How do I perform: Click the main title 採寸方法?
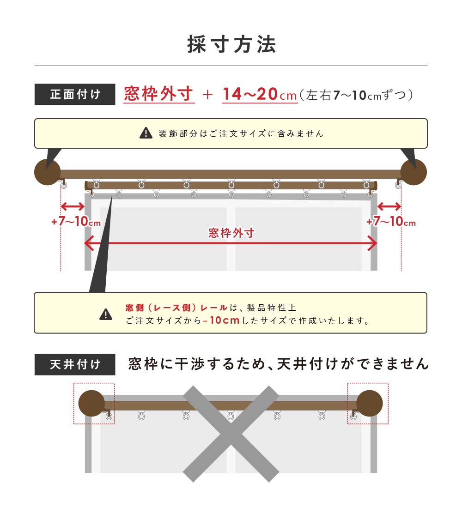(231, 44)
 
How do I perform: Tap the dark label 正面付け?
(75, 95)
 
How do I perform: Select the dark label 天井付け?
(75, 364)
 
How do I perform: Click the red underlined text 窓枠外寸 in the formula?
(159, 94)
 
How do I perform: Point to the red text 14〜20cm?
(259, 95)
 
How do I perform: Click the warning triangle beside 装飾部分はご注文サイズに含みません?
(146, 133)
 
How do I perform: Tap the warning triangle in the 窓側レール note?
(106, 314)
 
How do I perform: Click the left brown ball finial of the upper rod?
(48, 172)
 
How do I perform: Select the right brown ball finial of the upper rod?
(413, 172)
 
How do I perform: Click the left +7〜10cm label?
(76, 222)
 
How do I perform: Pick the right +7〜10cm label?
(391, 223)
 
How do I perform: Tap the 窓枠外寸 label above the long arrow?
(231, 233)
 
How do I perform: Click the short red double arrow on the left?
(73, 206)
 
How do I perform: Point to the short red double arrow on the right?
(389, 206)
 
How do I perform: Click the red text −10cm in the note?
(222, 320)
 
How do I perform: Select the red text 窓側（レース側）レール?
(176, 308)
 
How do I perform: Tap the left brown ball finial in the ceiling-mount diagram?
(91, 403)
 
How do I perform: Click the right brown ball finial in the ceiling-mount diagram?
(370, 403)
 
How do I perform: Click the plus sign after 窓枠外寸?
(208, 95)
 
